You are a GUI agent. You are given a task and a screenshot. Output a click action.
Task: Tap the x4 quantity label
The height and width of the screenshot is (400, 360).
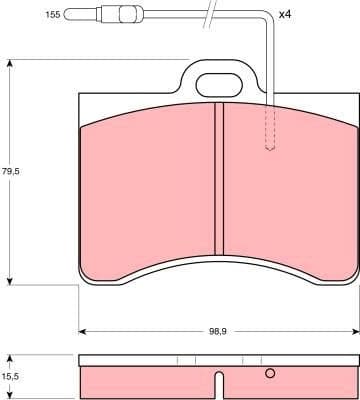click(x=284, y=15)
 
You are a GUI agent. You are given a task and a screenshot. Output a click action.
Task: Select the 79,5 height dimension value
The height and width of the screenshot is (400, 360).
click(x=12, y=172)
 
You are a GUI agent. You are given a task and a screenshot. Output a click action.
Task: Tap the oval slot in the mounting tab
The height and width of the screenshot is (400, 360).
click(x=218, y=87)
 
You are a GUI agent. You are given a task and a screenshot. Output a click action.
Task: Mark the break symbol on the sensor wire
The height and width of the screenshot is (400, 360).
click(x=209, y=14)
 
